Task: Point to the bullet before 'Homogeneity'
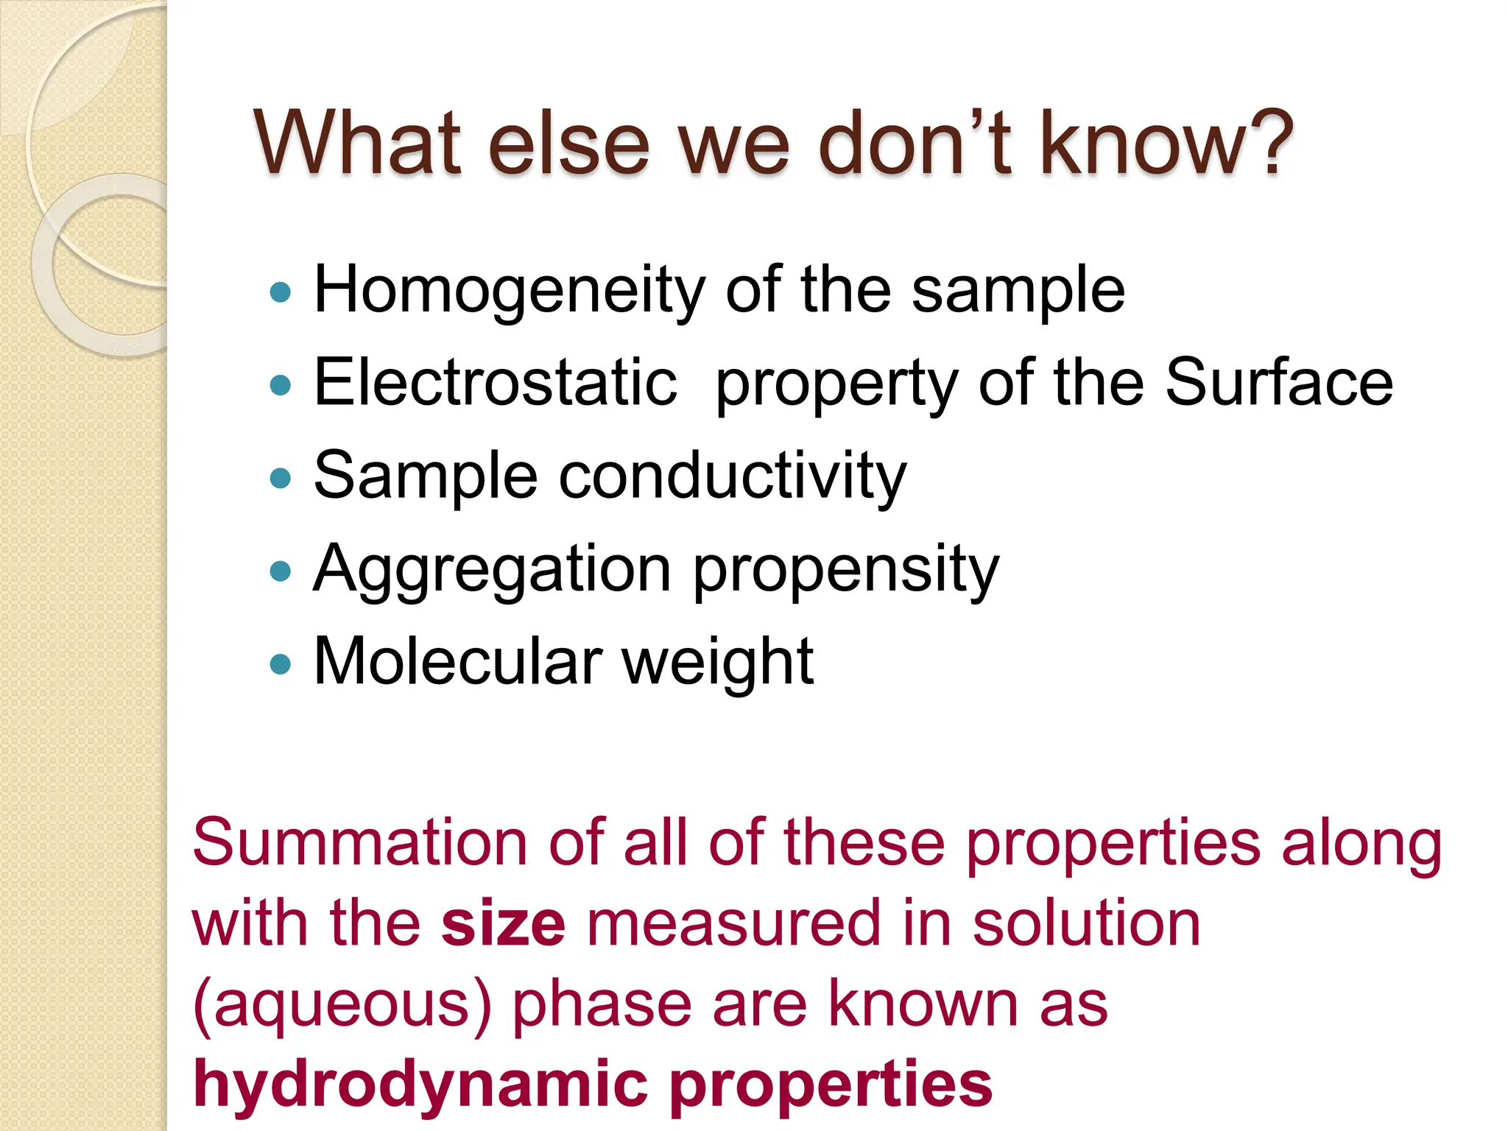pyautogui.click(x=281, y=292)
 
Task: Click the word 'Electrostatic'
pyautogui.click(x=495, y=382)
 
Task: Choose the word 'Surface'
pyautogui.click(x=1279, y=382)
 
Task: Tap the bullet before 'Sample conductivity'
pyautogui.click(x=281, y=479)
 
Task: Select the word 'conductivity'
pyautogui.click(x=733, y=476)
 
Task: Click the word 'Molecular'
pyautogui.click(x=457, y=661)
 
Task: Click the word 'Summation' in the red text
pyautogui.click(x=360, y=842)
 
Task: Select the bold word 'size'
pyautogui.click(x=503, y=923)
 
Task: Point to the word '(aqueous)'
pyautogui.click(x=342, y=1004)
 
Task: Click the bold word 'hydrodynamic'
pyautogui.click(x=420, y=1085)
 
